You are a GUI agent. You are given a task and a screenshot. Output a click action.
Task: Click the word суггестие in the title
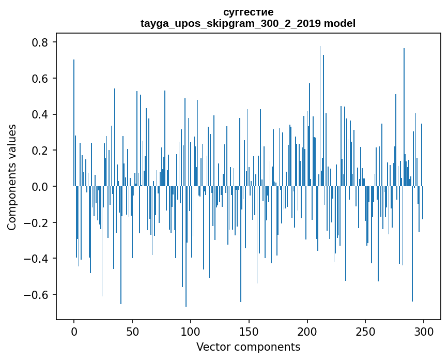coord(248,12)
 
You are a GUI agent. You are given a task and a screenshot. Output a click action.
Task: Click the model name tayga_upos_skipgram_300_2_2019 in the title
coord(230,23)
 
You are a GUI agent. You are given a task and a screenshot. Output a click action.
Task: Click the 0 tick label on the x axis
coord(74,331)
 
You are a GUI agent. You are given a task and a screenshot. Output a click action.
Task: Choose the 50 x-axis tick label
coord(132,331)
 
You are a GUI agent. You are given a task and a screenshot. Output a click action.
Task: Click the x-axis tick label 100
coord(191,331)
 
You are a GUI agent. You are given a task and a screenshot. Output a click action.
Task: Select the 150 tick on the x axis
coord(249,331)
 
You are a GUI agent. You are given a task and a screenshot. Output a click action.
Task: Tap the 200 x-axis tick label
coord(307,331)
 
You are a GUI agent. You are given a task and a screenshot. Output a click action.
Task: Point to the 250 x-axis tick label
coord(366,331)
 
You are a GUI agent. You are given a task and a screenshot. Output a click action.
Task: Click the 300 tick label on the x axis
coord(424,331)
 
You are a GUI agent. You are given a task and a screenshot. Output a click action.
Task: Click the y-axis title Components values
coord(12,177)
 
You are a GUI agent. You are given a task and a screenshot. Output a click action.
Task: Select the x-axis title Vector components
coord(248,347)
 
